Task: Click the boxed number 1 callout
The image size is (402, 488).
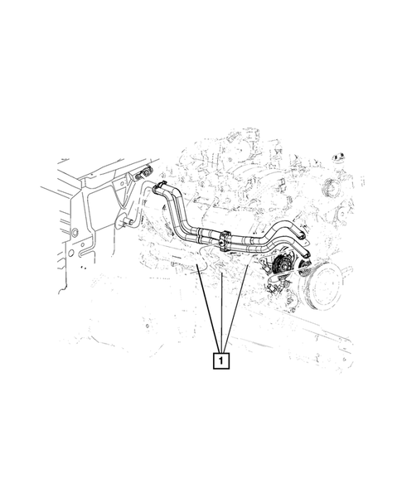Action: coord(220,360)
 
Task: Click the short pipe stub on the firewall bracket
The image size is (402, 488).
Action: coord(127,221)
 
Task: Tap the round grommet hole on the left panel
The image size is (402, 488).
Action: coord(75,230)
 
